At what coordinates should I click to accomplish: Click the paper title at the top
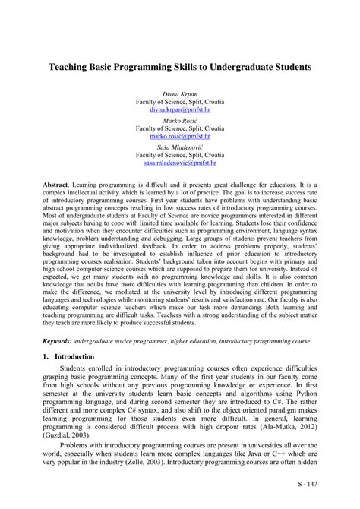pos(180,67)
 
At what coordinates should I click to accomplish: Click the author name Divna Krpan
pos(180,92)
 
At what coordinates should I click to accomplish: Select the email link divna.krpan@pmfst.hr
pos(180,109)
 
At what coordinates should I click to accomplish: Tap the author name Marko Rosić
pos(180,120)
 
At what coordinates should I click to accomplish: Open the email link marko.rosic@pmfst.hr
pos(180,137)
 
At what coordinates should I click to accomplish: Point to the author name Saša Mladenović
pos(180,147)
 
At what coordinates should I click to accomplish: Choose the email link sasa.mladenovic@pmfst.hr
pos(180,164)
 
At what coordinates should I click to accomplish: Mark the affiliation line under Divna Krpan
pos(180,101)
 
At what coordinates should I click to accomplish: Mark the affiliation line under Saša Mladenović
pos(180,156)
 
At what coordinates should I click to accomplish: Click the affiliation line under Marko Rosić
pos(180,128)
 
